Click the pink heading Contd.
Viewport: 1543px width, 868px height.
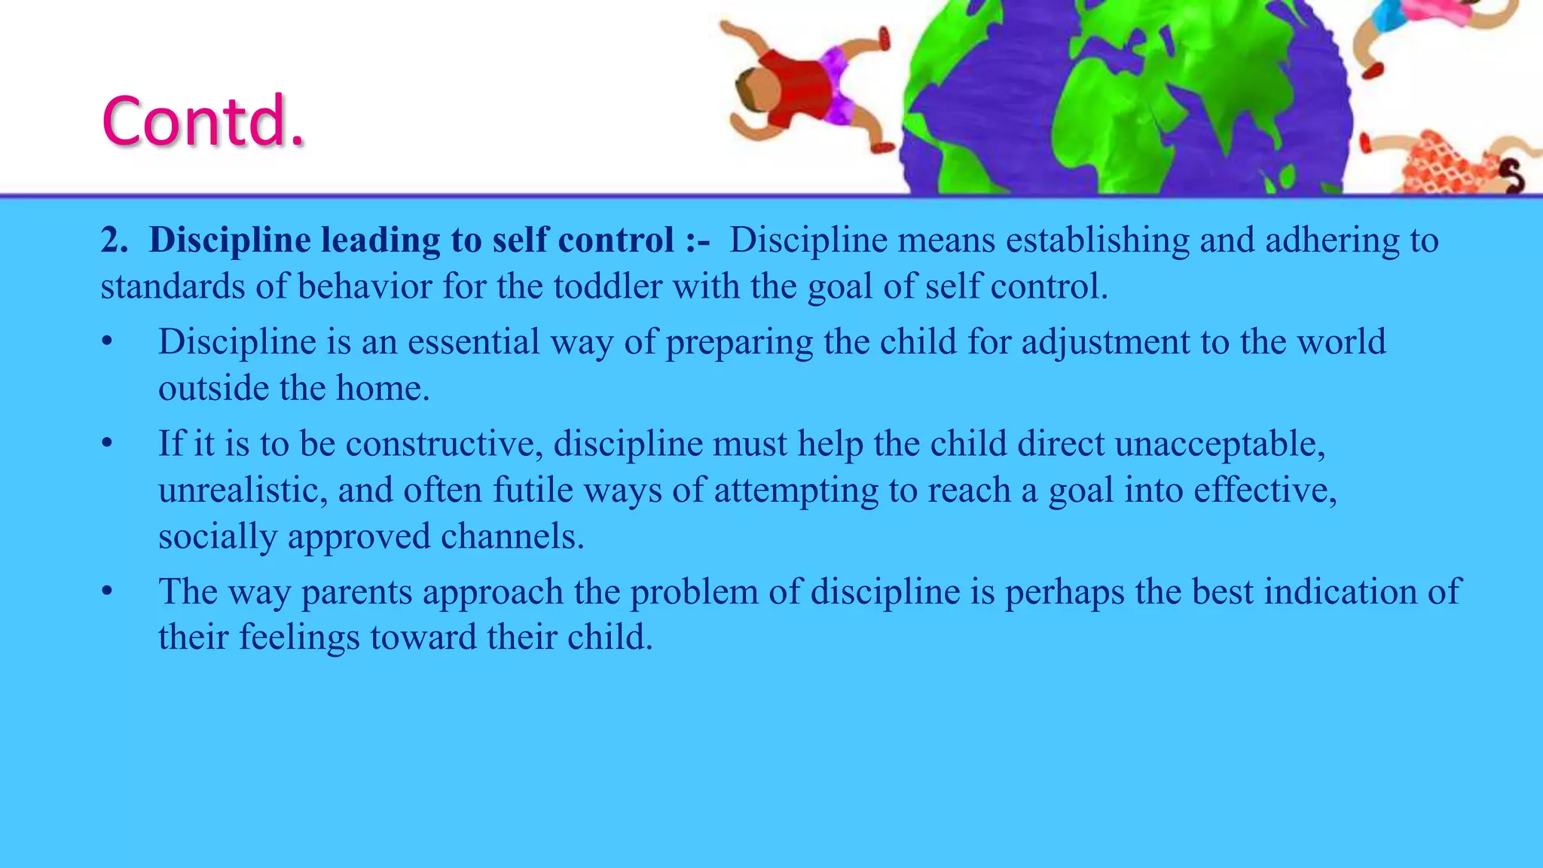click(x=203, y=121)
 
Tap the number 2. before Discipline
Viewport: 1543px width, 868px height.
click(x=115, y=240)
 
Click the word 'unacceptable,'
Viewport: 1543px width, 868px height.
click(x=1220, y=444)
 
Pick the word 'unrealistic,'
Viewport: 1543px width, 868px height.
click(x=243, y=491)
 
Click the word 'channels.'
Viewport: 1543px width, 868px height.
click(x=512, y=536)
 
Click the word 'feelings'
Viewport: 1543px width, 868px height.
click(x=299, y=637)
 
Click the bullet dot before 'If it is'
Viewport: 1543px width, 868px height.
click(x=108, y=444)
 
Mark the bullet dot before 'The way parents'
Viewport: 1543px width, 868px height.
click(x=108, y=591)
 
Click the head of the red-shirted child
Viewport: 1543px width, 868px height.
click(x=756, y=87)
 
